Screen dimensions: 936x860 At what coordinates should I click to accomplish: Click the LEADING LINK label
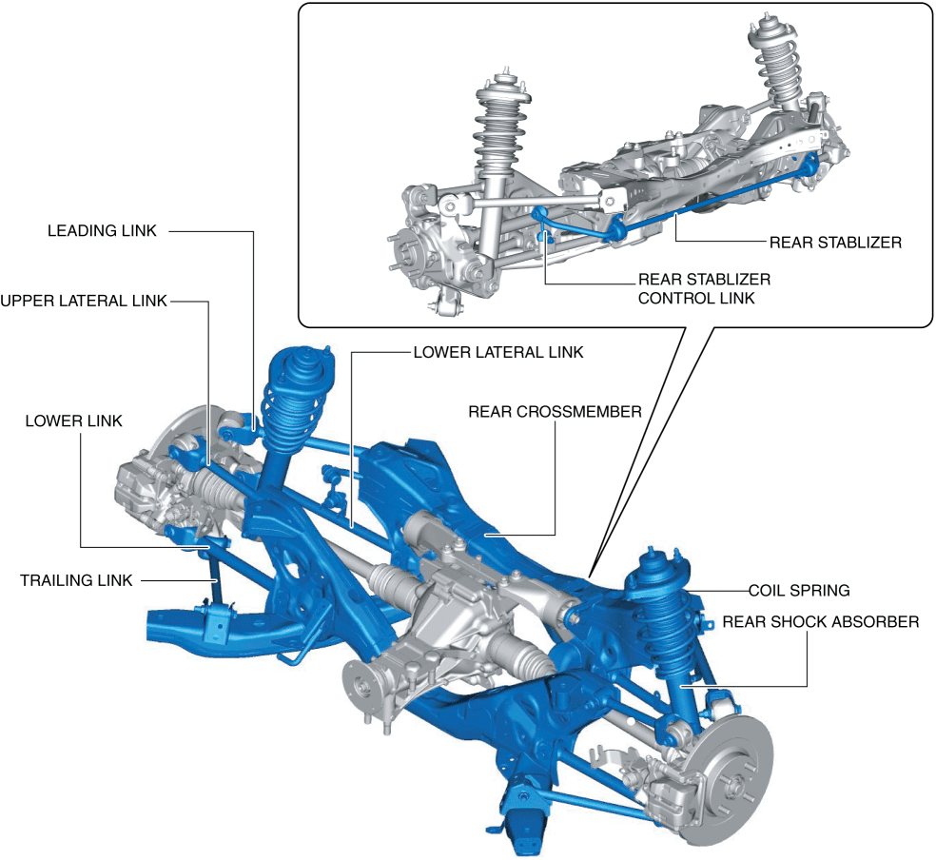point(102,231)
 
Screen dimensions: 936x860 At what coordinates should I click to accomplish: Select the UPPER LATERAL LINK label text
point(84,301)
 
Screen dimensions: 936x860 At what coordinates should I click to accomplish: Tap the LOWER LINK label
point(74,421)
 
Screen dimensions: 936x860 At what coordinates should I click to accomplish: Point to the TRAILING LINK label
point(76,580)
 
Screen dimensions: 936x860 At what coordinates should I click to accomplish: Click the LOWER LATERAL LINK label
point(498,353)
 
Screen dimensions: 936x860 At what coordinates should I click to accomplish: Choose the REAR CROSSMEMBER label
point(556,412)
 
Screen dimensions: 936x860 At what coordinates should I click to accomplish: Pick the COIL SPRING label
point(799,591)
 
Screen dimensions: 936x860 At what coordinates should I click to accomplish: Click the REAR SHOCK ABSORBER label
point(821,622)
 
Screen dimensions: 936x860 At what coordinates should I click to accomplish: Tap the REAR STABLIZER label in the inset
point(836,243)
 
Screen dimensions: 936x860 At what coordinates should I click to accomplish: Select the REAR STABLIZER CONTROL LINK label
point(705,289)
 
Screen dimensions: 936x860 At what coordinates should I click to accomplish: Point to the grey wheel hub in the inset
point(408,257)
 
